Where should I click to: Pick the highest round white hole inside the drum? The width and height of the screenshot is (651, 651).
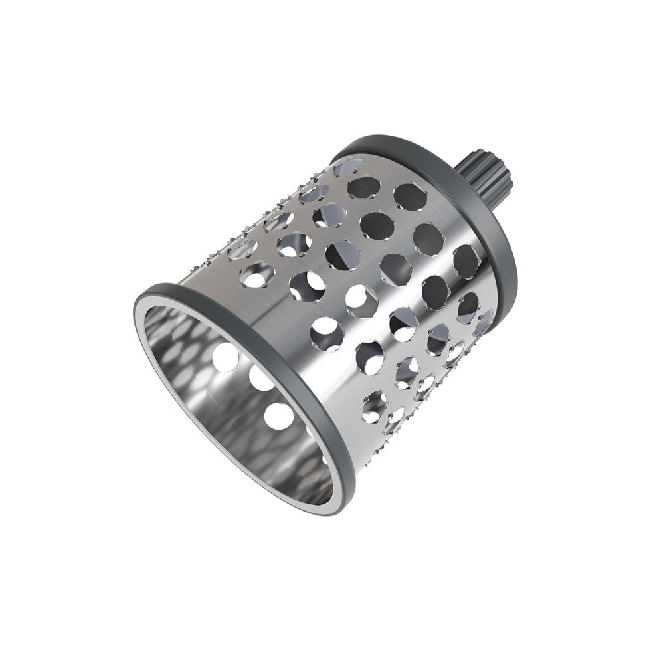[x=226, y=357]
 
